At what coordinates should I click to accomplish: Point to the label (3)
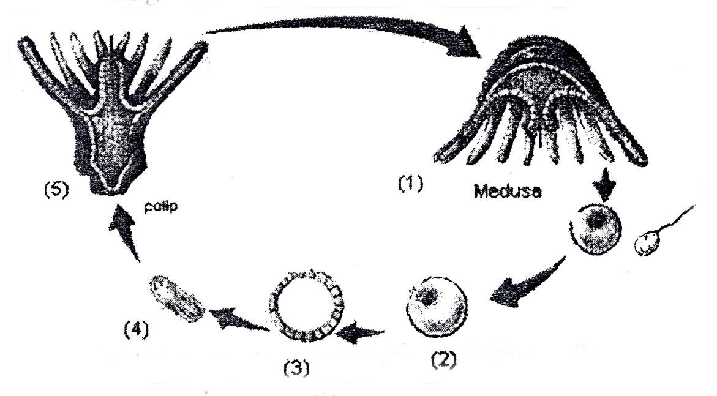(x=296, y=368)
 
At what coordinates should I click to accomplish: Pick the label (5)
(x=55, y=189)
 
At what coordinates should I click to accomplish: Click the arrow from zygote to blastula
(x=361, y=334)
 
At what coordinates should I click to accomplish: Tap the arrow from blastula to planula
(x=236, y=320)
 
